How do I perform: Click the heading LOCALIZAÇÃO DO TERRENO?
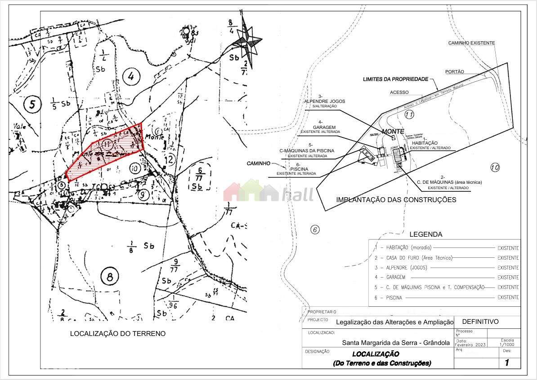117,334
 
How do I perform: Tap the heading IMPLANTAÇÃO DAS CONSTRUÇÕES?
396,200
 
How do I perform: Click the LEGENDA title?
425,234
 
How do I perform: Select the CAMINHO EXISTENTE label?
471,43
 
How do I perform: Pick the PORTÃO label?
454,71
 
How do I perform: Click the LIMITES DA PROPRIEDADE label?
395,79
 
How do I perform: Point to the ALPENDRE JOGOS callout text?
325,102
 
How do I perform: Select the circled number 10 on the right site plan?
495,168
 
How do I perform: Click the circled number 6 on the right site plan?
315,230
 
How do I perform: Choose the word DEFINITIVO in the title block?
480,322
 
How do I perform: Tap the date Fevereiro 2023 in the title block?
470,345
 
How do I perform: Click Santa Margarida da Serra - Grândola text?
396,342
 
